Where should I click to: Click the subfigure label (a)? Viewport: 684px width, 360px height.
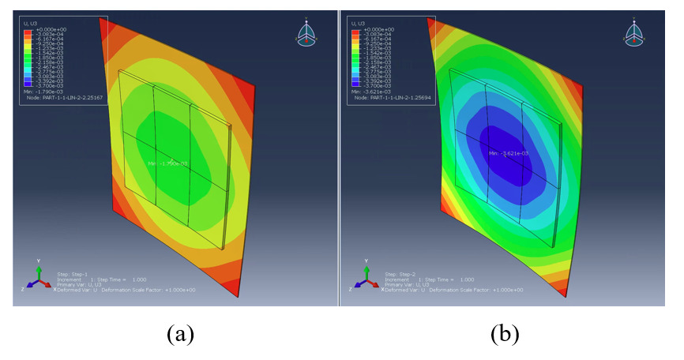[179, 334]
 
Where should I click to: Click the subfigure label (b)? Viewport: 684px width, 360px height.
[505, 334]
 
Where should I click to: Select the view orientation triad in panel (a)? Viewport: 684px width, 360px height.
[308, 32]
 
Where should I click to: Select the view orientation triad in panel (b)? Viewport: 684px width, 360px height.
[637, 32]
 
